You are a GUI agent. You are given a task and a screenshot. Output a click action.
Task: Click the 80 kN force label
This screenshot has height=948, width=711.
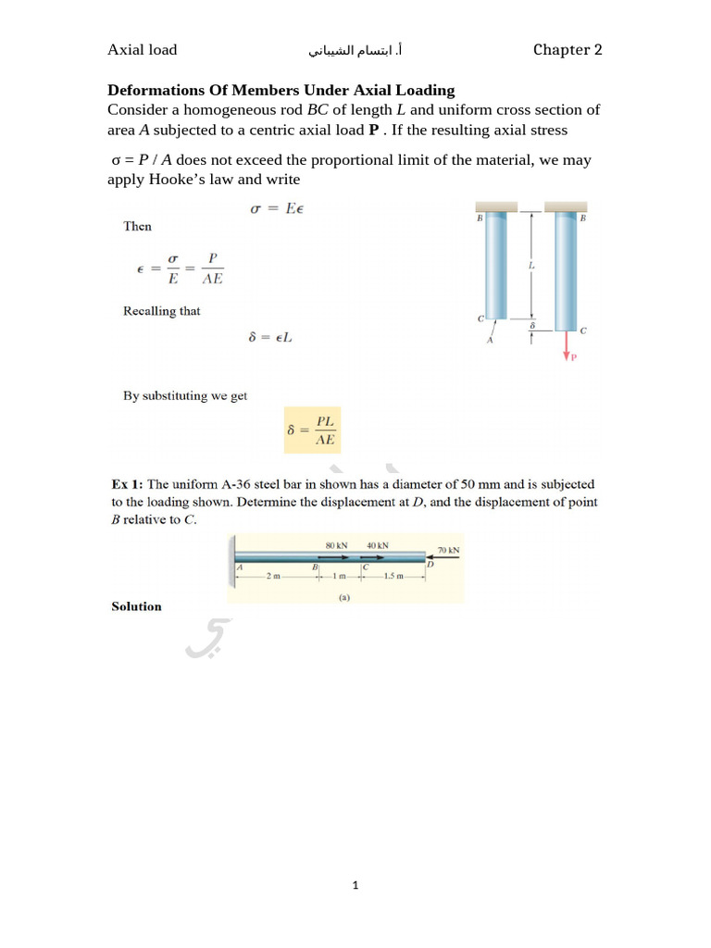[x=336, y=545]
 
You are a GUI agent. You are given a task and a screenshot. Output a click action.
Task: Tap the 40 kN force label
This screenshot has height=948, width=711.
[x=378, y=545]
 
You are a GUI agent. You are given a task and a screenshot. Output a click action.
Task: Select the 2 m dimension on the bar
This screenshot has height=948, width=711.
[x=273, y=578]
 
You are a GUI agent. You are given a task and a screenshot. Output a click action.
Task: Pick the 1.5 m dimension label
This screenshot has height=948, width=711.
[x=393, y=578]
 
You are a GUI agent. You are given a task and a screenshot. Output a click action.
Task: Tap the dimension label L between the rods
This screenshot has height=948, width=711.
[x=531, y=266]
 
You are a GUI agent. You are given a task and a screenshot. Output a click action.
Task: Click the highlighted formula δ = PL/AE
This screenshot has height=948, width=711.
[x=312, y=430]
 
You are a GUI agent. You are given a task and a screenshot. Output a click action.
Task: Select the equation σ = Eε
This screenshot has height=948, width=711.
[x=277, y=208]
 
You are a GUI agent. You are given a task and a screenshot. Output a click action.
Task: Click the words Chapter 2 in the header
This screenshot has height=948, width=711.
[x=568, y=50]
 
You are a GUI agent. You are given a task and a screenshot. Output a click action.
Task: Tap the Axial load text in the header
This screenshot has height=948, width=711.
[x=142, y=50]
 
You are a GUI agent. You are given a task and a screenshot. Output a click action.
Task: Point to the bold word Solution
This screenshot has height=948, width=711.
[x=136, y=606]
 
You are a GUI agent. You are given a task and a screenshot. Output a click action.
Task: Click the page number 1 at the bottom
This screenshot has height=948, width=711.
[x=355, y=886]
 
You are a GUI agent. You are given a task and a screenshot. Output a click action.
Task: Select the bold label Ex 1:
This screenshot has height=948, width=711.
[x=127, y=484]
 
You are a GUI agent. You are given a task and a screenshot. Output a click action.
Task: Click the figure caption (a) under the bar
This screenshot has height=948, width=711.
[x=343, y=597]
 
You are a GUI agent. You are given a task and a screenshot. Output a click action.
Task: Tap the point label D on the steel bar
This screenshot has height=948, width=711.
[x=430, y=564]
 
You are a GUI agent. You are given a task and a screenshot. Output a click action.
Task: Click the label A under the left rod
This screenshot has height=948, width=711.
[x=491, y=340]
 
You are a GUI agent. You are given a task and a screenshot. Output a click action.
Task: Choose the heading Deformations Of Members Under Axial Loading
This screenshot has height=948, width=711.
[x=281, y=90]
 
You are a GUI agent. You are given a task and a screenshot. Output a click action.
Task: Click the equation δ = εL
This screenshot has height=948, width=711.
[x=270, y=338]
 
